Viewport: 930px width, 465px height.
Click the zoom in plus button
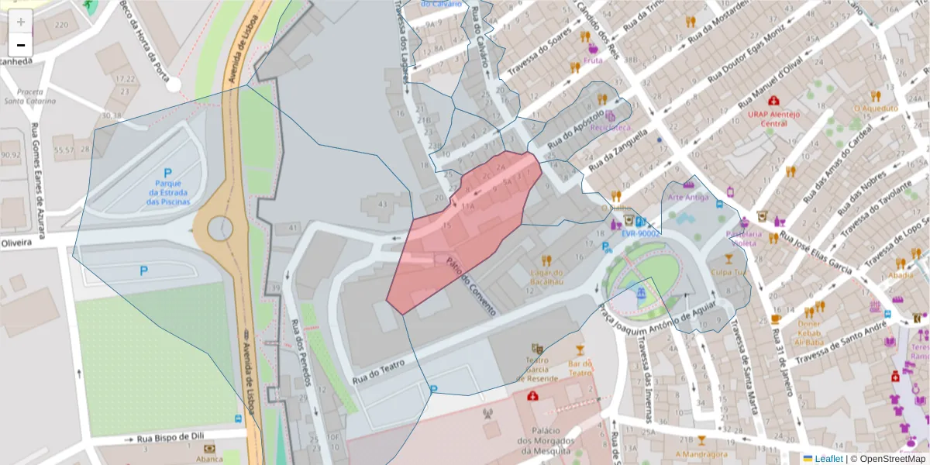(21, 22)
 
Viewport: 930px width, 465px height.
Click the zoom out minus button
(21, 45)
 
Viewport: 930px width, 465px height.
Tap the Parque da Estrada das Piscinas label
(167, 193)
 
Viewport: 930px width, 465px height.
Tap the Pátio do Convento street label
(470, 285)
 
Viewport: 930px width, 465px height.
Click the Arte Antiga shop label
(687, 196)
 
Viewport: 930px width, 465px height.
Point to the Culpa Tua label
(728, 272)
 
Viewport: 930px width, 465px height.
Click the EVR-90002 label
(639, 232)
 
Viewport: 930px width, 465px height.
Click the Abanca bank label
(209, 458)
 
